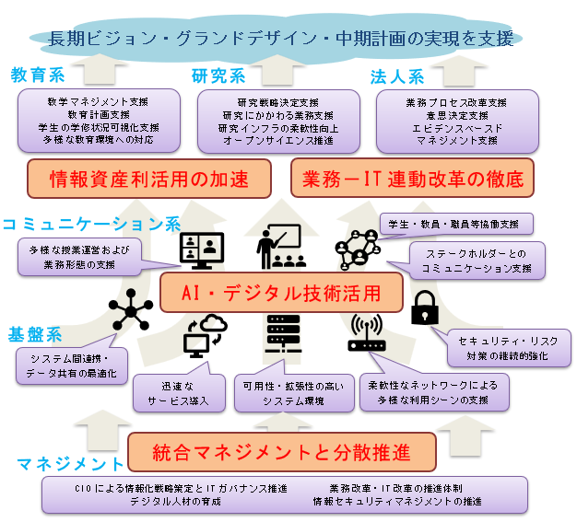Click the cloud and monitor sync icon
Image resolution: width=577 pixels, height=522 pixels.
click(205, 336)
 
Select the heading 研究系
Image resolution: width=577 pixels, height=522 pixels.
click(218, 75)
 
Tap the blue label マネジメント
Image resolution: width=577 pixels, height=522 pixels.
click(69, 461)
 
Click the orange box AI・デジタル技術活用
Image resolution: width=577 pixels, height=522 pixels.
click(281, 293)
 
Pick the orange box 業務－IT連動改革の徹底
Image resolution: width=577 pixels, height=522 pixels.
click(412, 178)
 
